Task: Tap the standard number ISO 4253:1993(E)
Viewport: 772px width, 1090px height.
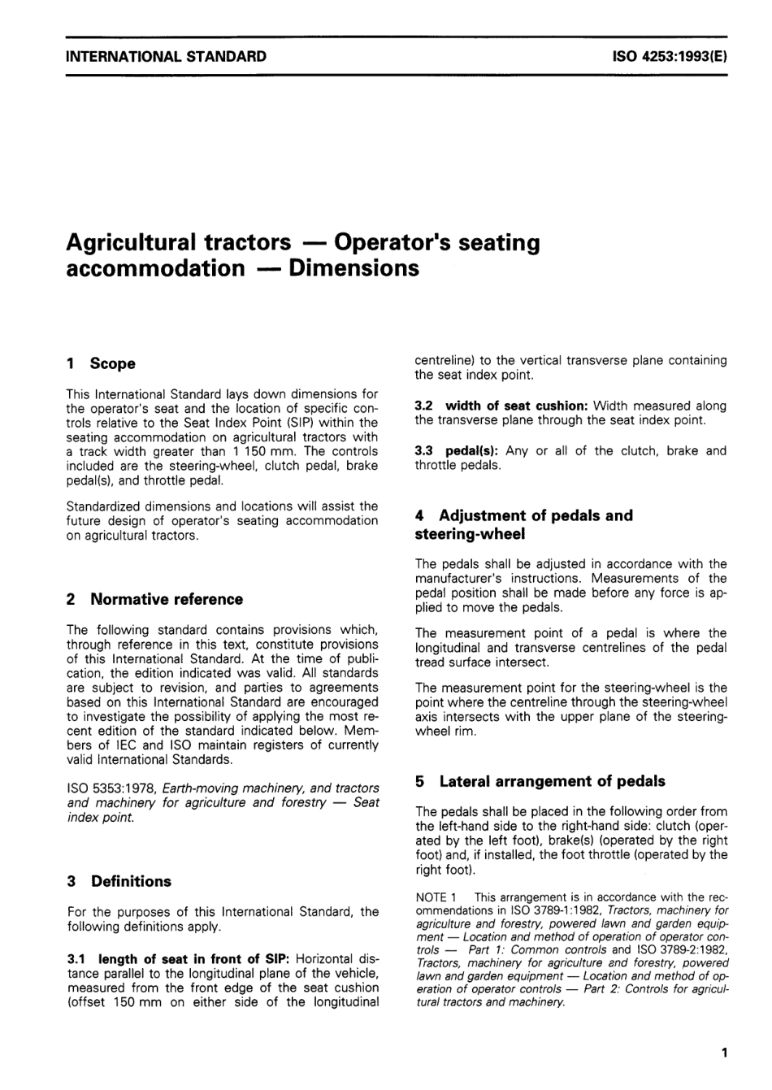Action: (x=667, y=57)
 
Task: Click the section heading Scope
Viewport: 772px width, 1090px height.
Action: (x=113, y=363)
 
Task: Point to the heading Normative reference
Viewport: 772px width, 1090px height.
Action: (x=167, y=599)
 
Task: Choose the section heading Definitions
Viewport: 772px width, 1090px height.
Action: (x=131, y=881)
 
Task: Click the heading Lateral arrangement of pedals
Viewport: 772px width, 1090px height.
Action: (x=552, y=781)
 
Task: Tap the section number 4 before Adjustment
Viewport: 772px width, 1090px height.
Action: (x=419, y=515)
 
